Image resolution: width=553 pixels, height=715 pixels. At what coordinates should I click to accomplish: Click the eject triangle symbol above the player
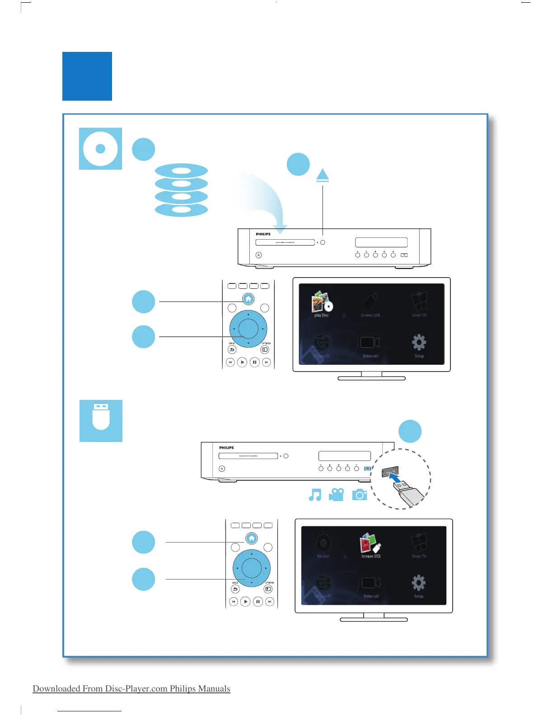pos(323,175)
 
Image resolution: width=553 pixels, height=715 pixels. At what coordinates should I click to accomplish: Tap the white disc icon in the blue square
pos(100,149)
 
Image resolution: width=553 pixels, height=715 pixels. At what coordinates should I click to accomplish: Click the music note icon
pos(315,495)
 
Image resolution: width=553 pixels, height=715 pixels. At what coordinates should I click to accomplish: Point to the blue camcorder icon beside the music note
pos(336,495)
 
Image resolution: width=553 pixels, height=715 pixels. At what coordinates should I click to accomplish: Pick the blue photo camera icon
pos(360,495)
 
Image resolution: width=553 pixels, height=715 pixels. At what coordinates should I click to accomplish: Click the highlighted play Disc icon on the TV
pos(322,302)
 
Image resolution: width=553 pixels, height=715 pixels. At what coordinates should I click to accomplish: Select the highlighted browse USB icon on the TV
pos(370,543)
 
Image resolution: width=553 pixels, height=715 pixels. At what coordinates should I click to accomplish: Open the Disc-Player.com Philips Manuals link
pos(131,688)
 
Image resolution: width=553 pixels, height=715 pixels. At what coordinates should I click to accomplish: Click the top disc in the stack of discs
pos(181,171)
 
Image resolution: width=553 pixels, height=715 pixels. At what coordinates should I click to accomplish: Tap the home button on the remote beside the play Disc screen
pos(248,299)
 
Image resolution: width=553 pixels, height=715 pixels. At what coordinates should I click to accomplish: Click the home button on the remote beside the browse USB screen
pos(252,538)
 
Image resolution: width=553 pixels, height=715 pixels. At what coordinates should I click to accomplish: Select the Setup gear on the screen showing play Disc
pos(419,343)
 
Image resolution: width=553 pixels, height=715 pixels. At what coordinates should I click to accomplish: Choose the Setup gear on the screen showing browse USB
pos(418,583)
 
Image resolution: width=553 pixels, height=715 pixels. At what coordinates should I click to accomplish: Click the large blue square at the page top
pos(87,76)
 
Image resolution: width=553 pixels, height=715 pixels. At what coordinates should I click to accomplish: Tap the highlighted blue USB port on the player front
pos(367,468)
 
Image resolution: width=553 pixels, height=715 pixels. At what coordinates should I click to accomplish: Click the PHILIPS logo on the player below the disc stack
pos(263,234)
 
